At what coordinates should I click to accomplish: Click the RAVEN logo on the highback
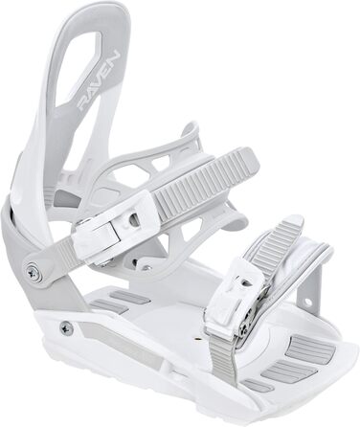point(100,80)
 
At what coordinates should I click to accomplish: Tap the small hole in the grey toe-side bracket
point(307,301)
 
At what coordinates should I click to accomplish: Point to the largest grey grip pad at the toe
point(309,348)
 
